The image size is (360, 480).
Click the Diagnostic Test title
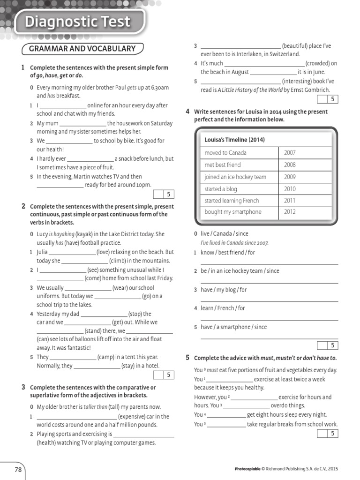tap(77, 22)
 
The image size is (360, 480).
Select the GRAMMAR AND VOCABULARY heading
tap(82, 49)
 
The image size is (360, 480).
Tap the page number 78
tap(18, 469)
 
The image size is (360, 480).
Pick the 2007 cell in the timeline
tap(290, 153)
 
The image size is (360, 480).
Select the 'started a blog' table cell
tap(221, 189)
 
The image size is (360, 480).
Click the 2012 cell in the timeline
tap(290, 212)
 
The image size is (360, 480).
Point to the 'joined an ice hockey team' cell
tap(235, 177)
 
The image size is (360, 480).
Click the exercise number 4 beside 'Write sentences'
tap(187, 112)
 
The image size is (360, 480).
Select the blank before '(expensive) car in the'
tap(76, 417)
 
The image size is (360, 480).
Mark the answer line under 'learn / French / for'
tap(269, 320)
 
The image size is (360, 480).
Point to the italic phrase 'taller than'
tap(96, 407)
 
